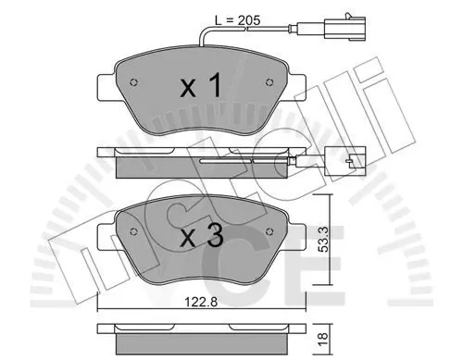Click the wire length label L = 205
237,20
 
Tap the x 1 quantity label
201,85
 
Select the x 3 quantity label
202,236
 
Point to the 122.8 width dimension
201,302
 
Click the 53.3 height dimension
323,239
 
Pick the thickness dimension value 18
323,340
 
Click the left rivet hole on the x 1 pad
133,82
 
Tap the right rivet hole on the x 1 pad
269,82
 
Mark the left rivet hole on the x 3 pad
133,231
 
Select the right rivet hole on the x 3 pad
269,231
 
